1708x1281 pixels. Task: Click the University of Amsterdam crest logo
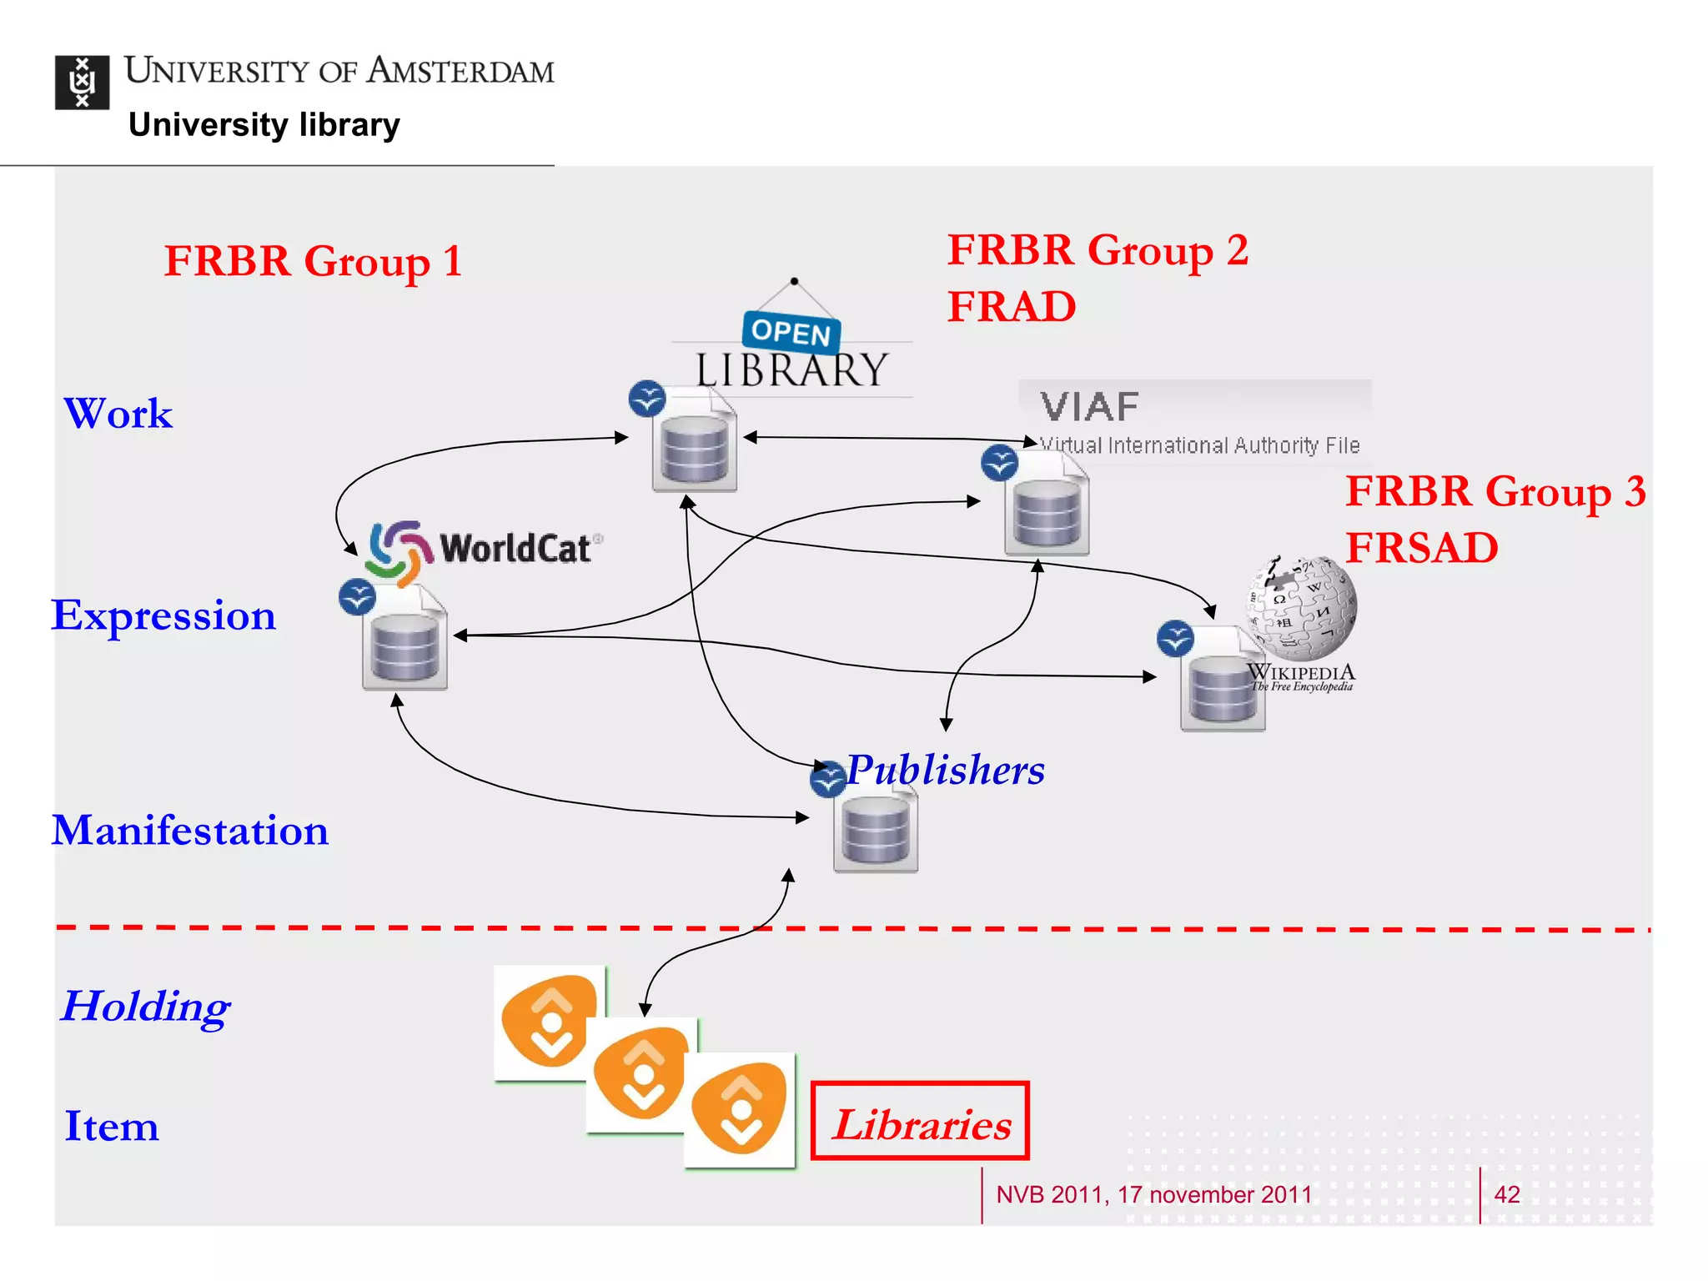point(82,83)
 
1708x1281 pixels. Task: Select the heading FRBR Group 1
point(313,261)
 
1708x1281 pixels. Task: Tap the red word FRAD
point(1011,306)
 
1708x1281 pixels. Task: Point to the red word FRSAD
point(1421,548)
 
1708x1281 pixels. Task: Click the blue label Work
point(118,414)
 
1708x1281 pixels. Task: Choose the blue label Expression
point(163,615)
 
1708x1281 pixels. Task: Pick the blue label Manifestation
point(190,831)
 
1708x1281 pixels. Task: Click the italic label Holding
point(145,1007)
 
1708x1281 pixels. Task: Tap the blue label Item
point(111,1127)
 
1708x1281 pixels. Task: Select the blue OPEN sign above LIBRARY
point(791,332)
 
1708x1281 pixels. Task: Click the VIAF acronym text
point(1089,407)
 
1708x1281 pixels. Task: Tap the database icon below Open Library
point(694,449)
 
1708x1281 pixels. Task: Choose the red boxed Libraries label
point(920,1122)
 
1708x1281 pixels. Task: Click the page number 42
point(1506,1194)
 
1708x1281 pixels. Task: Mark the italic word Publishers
point(945,770)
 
